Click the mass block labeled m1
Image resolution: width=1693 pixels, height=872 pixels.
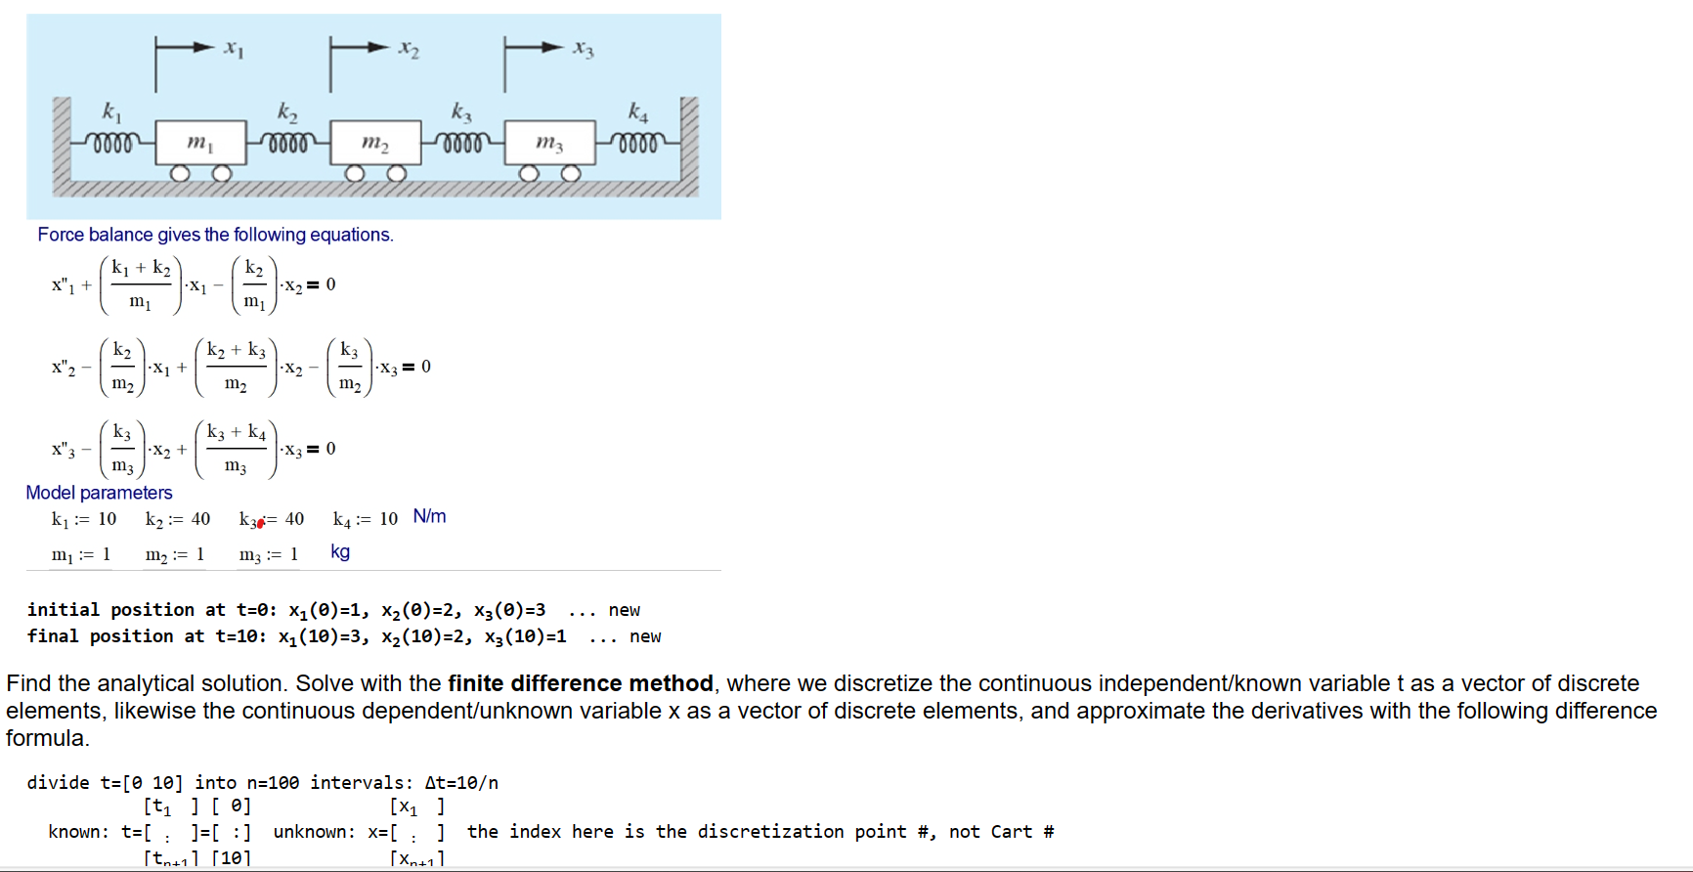[200, 143]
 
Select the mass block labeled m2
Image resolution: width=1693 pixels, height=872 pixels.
[375, 143]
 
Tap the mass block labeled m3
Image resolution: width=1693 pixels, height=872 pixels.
[549, 143]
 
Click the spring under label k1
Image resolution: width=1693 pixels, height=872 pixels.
[112, 143]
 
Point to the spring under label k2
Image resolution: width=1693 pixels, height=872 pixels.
[287, 143]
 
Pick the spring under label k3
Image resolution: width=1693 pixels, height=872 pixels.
[462, 143]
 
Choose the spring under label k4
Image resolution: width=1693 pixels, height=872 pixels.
[637, 143]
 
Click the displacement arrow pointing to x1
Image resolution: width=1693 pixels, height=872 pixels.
[186, 47]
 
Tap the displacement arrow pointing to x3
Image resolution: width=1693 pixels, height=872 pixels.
[535, 47]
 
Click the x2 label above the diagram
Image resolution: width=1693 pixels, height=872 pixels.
[409, 49]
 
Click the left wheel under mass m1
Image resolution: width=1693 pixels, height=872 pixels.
[180, 174]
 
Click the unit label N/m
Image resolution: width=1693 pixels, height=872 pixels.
[429, 516]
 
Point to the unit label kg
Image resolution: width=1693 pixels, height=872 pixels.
[340, 551]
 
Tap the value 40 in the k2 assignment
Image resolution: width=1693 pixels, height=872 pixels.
[200, 519]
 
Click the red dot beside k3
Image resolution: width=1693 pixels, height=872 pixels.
[261, 524]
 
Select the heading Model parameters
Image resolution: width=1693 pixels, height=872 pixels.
[99, 493]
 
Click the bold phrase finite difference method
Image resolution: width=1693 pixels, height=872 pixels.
[580, 683]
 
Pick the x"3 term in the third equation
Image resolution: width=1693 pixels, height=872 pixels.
[64, 450]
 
